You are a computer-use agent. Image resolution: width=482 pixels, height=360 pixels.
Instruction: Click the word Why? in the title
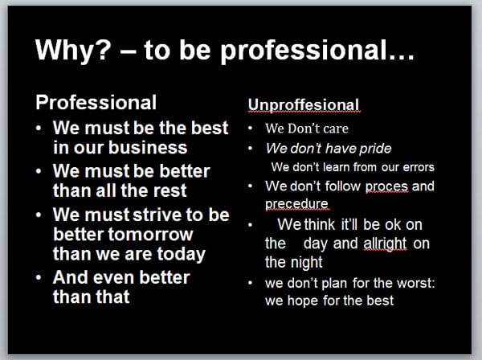[x=73, y=50]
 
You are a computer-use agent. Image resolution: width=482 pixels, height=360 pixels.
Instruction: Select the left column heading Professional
[x=96, y=102]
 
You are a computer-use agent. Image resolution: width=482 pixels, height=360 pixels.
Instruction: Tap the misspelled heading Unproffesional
[x=304, y=104]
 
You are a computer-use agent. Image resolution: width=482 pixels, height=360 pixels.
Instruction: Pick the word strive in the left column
[x=157, y=215]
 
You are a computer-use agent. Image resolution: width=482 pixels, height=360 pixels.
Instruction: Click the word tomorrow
[x=150, y=235]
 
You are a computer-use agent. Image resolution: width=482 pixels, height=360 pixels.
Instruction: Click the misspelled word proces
[x=386, y=187]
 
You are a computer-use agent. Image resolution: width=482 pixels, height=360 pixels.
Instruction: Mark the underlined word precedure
[x=296, y=204]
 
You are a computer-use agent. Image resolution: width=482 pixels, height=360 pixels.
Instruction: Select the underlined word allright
[x=385, y=243]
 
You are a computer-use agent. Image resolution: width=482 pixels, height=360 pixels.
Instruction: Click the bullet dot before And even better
[x=39, y=277]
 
